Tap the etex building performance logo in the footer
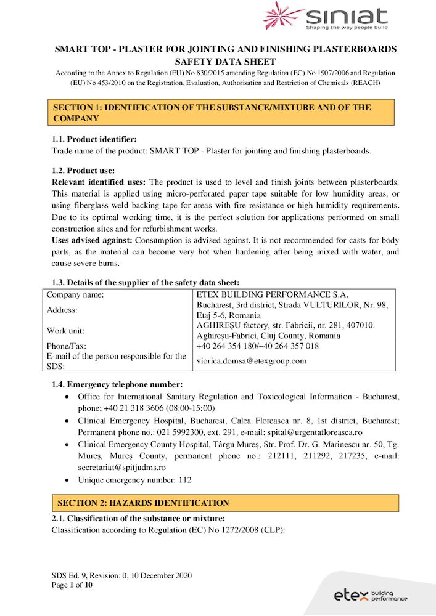(370, 595)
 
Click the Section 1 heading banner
(223, 113)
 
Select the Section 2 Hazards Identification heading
(143, 503)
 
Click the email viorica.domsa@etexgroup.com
(251, 361)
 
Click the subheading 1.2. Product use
(83, 171)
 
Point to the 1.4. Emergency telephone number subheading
(117, 384)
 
